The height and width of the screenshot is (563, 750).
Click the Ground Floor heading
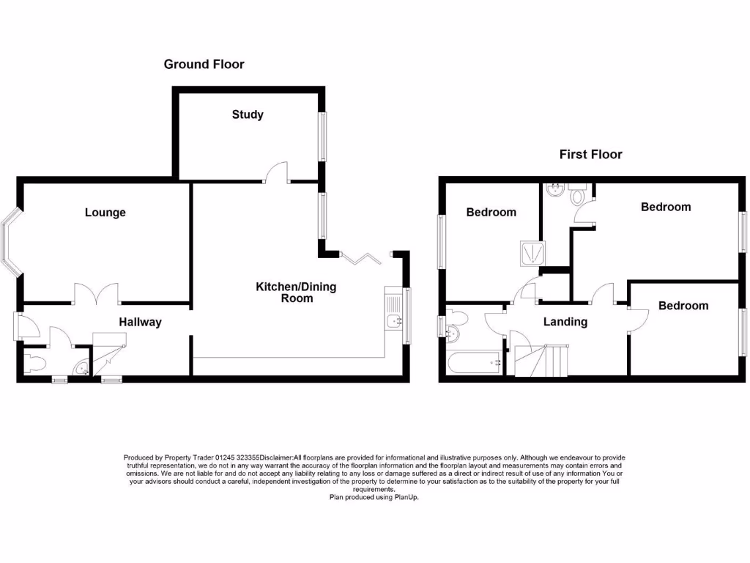point(204,65)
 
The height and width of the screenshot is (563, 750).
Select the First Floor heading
point(590,154)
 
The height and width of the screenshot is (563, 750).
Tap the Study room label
point(248,114)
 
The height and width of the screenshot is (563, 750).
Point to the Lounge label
point(105,213)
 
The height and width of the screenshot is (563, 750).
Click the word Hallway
point(141,322)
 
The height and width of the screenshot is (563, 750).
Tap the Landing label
point(565,321)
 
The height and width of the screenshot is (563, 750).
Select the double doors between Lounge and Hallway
point(97,293)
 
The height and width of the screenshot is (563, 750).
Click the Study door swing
point(276,172)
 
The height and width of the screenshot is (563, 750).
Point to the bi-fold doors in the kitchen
point(361,257)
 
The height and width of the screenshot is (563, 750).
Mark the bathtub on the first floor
point(473,361)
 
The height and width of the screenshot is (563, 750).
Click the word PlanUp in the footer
point(406,498)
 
